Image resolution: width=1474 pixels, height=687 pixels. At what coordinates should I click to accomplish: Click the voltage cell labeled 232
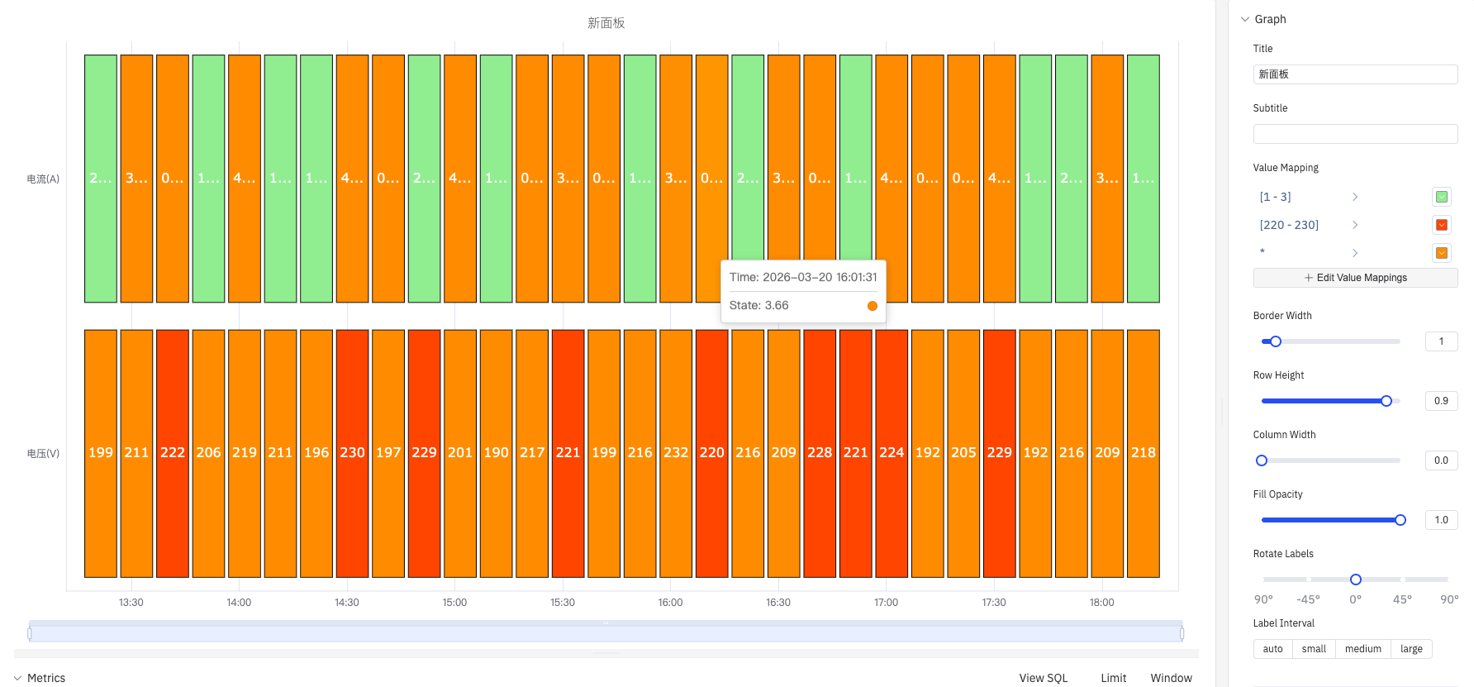(676, 453)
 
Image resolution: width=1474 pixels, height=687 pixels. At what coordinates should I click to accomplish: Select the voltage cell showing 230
(352, 453)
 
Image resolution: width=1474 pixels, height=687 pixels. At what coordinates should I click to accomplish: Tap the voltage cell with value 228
(820, 453)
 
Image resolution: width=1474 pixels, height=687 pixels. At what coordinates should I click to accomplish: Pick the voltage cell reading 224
(892, 453)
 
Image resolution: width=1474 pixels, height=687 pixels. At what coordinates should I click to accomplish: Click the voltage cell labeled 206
(208, 453)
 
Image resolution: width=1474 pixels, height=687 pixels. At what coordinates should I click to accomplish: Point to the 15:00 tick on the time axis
(454, 602)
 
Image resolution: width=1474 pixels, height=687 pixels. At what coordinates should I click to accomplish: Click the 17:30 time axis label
(994, 602)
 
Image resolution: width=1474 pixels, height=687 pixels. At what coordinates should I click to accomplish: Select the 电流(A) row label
(43, 179)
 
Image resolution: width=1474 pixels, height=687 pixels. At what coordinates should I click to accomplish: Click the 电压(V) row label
(43, 453)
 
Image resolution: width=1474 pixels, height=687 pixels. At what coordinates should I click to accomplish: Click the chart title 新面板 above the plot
(606, 23)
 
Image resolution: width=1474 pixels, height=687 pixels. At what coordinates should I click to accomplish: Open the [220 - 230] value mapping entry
(1289, 225)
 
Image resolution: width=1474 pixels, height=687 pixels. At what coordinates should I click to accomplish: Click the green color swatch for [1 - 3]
(1442, 197)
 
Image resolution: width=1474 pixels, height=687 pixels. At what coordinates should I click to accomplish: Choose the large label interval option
(1411, 649)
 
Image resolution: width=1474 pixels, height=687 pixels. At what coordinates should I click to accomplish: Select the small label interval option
(1314, 649)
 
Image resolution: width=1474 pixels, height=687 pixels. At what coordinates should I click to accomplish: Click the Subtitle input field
(1355, 134)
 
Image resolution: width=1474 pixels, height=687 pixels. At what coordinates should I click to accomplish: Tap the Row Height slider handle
(1386, 401)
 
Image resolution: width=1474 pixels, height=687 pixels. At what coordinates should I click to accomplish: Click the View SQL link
(1044, 678)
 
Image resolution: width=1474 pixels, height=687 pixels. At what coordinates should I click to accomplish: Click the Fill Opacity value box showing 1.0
(1441, 520)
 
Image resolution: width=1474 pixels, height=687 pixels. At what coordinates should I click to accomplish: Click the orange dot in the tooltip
(873, 306)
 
